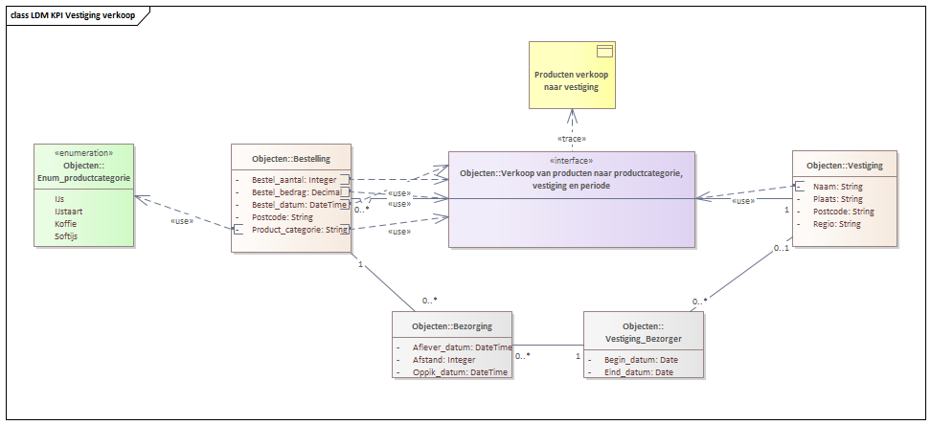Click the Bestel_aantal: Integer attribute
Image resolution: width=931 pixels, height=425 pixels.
[294, 179]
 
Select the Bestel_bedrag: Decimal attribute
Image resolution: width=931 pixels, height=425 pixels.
[296, 192]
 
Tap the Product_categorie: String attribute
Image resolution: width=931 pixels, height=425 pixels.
[299, 230]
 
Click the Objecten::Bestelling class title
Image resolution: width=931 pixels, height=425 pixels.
[291, 159]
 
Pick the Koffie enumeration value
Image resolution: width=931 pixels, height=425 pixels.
[65, 224]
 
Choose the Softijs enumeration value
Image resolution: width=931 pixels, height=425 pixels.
[66, 236]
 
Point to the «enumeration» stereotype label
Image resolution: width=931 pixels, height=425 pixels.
[83, 152]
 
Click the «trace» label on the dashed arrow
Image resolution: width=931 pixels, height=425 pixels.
[572, 139]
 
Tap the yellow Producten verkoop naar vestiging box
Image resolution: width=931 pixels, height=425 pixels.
[573, 75]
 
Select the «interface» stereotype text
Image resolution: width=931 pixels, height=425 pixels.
[572, 160]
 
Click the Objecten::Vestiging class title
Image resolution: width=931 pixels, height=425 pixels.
[845, 167]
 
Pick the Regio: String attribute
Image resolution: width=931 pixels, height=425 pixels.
[837, 224]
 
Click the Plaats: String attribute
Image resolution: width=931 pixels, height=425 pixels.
[838, 199]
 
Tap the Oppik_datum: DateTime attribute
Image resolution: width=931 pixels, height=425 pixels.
[460, 372]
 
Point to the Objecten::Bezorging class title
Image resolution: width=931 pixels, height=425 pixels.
[452, 326]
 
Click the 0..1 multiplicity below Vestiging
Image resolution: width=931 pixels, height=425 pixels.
[781, 248]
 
